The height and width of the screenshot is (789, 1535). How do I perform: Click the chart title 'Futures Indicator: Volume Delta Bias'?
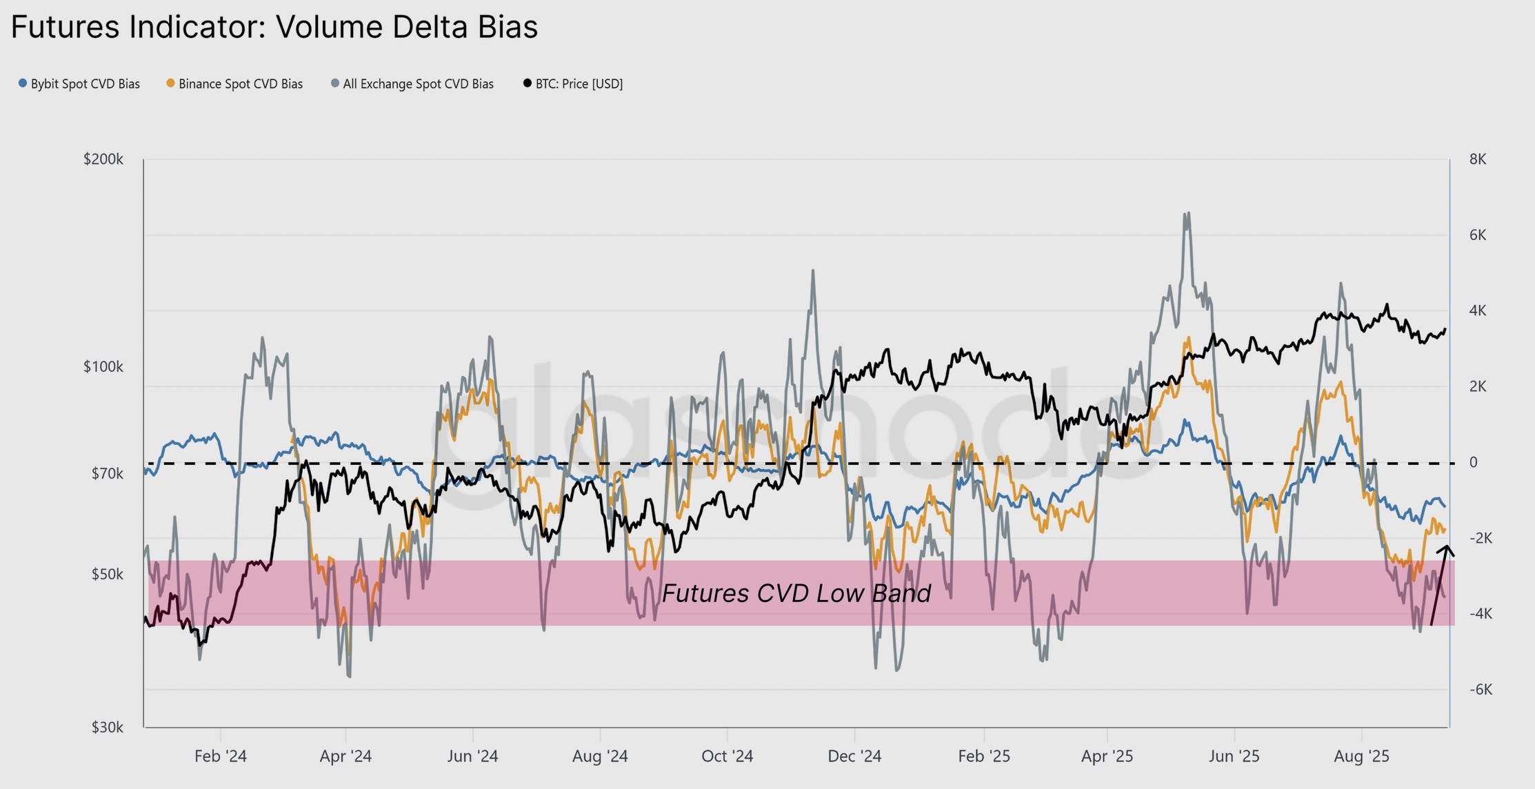[274, 28]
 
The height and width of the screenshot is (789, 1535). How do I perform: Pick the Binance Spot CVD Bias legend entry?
[234, 84]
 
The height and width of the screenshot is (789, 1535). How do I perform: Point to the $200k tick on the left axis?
[103, 159]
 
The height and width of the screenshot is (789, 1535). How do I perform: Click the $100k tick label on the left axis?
[103, 367]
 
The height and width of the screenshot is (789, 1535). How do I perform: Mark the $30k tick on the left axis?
[108, 727]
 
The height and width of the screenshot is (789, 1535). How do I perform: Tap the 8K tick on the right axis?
[1478, 159]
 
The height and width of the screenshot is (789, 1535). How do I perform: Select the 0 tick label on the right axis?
[1474, 462]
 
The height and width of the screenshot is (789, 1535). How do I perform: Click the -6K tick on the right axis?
[1481, 690]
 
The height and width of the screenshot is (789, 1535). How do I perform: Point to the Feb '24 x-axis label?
[221, 757]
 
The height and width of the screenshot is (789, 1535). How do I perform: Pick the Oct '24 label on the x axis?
[728, 757]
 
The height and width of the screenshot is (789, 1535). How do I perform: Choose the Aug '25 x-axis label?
[1362, 757]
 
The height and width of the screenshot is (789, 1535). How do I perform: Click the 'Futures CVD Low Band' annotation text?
[796, 593]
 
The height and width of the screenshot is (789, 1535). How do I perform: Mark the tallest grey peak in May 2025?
[1187, 213]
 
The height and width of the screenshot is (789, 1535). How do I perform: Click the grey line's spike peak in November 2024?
[813, 270]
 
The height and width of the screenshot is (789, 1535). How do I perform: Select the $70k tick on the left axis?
[108, 474]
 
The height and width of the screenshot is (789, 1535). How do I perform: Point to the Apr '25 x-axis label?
[1107, 757]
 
